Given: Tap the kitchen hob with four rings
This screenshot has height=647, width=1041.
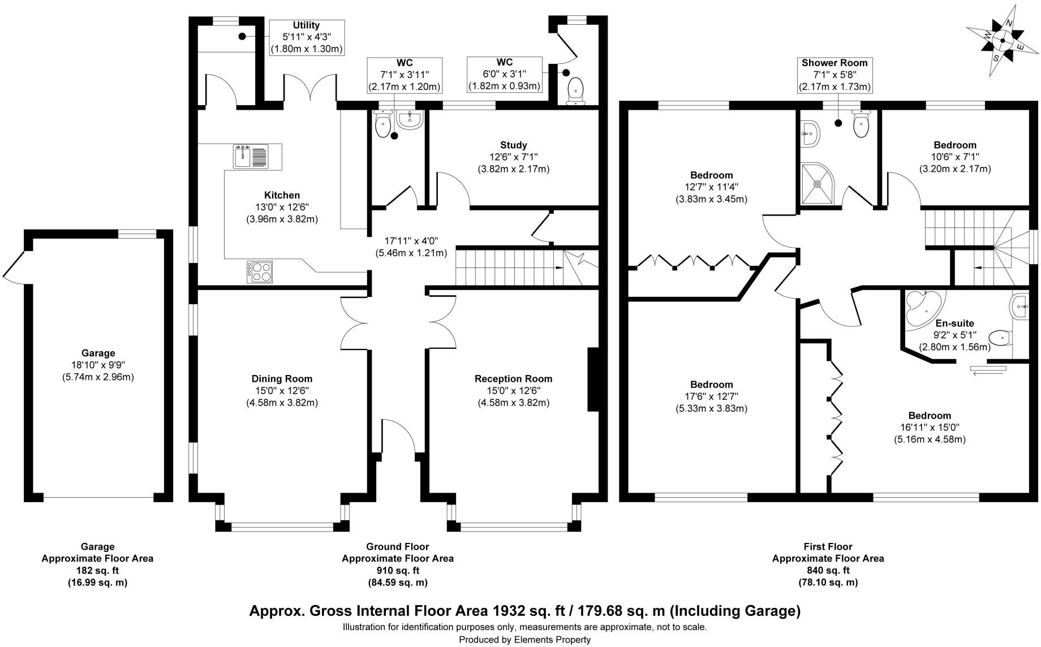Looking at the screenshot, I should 260,271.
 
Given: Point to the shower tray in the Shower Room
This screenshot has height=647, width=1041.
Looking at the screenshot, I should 818,183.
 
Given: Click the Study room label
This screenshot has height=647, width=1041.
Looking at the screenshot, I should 513,145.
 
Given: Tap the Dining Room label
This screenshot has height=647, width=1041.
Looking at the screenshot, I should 282,379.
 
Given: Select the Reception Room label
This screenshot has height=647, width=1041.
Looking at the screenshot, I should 513,379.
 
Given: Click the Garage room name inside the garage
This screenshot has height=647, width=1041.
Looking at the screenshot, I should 98,353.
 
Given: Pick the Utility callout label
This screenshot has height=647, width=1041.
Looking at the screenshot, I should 306,25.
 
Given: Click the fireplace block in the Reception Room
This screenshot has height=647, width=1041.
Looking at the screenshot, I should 593,379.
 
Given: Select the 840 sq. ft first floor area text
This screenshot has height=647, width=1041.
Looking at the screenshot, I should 828,571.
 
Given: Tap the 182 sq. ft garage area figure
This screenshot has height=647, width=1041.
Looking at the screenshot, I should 97,571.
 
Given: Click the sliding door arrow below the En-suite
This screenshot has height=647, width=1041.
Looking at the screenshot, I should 988,370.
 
